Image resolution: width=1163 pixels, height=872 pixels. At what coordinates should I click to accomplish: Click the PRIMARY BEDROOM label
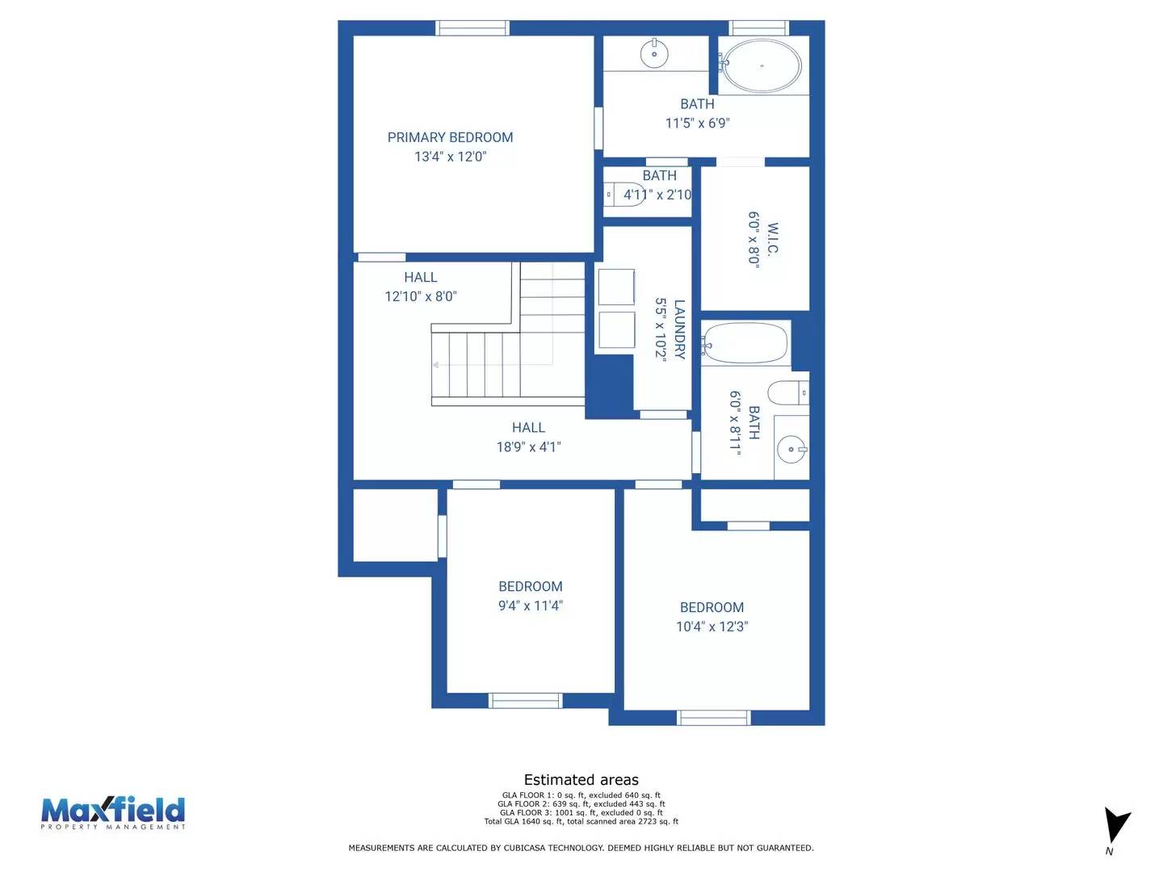tap(450, 137)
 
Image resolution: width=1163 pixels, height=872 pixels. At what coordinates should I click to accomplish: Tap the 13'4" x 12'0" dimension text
tap(450, 157)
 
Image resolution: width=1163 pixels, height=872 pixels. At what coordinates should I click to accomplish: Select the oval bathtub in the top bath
tap(761, 66)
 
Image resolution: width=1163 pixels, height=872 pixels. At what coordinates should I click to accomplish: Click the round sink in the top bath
tap(654, 54)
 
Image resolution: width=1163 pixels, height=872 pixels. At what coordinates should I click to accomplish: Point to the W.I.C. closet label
tap(773, 239)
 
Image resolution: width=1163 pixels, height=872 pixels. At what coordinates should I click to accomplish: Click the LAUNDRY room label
tap(679, 329)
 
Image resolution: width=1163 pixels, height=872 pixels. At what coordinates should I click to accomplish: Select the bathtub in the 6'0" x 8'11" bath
tap(745, 344)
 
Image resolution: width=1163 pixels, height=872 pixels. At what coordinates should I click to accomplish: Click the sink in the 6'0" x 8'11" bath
tap(791, 449)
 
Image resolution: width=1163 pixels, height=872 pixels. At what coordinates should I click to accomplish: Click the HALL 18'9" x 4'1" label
tap(528, 437)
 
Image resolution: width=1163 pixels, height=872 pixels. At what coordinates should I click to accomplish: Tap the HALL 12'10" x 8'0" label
tap(420, 287)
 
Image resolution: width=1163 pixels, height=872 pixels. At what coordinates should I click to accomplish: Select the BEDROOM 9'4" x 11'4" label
tap(530, 596)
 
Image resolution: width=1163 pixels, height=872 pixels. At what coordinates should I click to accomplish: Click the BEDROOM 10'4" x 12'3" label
tap(712, 617)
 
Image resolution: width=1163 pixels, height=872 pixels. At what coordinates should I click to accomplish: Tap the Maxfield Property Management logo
tap(113, 812)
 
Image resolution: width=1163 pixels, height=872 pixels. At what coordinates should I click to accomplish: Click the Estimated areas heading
tap(581, 780)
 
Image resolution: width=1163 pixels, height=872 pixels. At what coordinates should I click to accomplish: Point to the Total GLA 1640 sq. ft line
tap(581, 822)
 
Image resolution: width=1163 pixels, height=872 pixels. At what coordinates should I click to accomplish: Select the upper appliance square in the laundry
tap(616, 287)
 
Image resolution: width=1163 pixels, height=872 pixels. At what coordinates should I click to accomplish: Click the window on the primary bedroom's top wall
tap(472, 28)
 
